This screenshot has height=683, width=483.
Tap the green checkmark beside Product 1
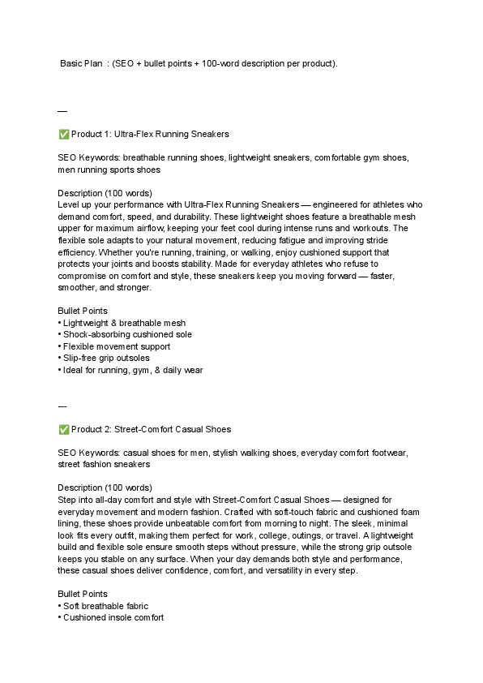(63, 134)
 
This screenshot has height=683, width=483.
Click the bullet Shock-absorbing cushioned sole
(127, 335)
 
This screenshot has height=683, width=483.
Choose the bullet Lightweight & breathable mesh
(124, 323)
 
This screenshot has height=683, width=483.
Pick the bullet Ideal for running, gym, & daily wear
(133, 371)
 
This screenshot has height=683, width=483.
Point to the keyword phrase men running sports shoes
(109, 170)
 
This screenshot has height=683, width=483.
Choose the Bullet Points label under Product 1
(83, 311)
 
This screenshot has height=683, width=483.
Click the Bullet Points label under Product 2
(83, 595)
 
